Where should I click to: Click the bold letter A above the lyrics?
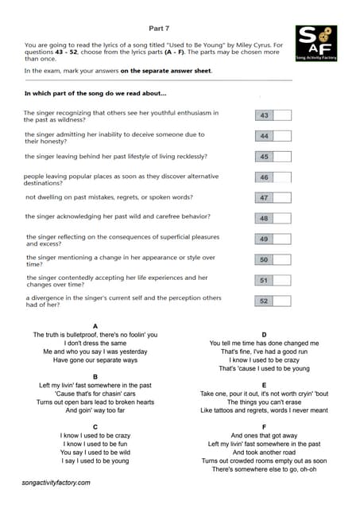[95, 326]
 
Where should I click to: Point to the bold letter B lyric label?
[95, 376]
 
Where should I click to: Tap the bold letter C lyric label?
[95, 426]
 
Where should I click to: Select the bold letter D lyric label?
[263, 335]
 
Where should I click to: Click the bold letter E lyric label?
[263, 385]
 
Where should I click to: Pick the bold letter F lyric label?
[263, 427]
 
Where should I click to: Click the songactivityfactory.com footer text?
[56, 483]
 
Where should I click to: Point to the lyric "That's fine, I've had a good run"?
[263, 352]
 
